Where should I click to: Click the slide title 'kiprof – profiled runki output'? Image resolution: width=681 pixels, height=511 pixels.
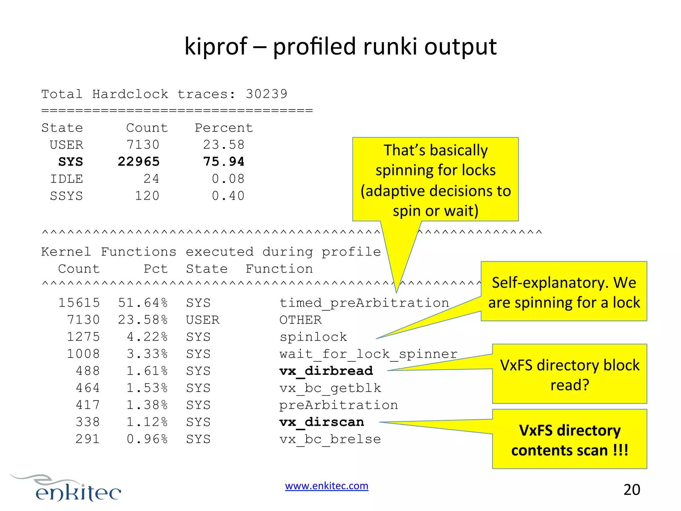[x=340, y=47]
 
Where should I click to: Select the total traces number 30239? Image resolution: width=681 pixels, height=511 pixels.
[x=266, y=94]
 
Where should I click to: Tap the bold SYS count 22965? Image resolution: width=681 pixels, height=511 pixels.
[x=139, y=162]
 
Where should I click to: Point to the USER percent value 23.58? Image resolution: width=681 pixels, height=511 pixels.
[x=224, y=145]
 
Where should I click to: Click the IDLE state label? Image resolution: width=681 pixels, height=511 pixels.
[x=67, y=179]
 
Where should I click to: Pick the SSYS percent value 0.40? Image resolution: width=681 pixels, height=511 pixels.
[x=228, y=196]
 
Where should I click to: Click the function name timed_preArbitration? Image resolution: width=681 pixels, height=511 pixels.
[x=364, y=303]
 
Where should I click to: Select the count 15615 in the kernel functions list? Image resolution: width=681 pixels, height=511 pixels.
[x=79, y=303]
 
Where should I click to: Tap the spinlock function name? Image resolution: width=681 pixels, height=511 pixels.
[x=313, y=337]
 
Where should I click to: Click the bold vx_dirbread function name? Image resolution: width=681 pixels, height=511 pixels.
[x=326, y=371]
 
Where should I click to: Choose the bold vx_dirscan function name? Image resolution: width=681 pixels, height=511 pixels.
[x=322, y=422]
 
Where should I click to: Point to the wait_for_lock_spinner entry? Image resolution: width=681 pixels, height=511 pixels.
[x=368, y=354]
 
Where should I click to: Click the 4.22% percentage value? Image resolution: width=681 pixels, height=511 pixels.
[x=147, y=337]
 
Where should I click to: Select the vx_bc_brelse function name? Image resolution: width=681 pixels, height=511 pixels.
[x=330, y=439]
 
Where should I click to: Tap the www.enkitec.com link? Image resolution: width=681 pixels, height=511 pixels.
[x=327, y=486]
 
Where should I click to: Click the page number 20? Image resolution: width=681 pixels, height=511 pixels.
[x=632, y=490]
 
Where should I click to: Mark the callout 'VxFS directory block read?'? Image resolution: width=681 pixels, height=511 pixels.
[x=569, y=374]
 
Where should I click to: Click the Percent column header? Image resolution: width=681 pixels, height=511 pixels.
[x=224, y=128]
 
